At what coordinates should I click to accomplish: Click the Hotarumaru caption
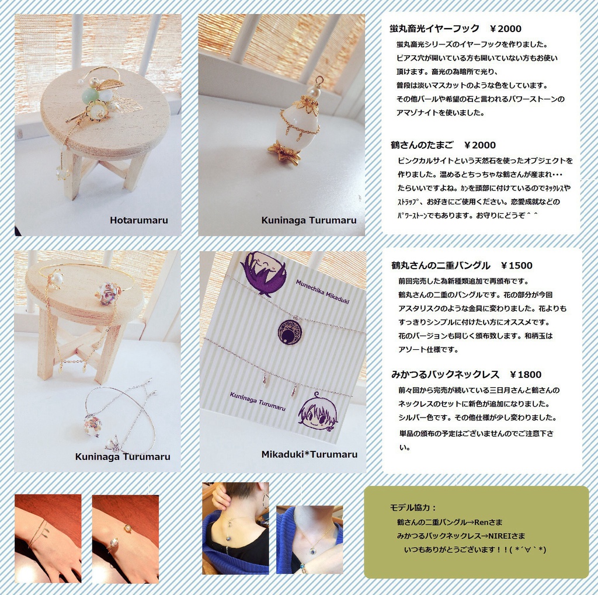click(139, 220)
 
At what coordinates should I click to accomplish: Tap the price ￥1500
click(517, 266)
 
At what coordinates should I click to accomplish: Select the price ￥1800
click(526, 374)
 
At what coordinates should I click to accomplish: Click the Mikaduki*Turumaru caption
click(310, 454)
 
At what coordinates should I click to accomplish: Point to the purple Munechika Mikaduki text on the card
click(322, 292)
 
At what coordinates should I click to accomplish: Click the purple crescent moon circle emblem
click(291, 332)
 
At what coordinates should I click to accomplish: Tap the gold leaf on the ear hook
click(110, 85)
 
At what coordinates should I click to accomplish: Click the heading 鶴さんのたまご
click(422, 145)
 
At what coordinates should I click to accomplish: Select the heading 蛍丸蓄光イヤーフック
click(434, 29)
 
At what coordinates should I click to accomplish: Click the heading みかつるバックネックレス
click(445, 374)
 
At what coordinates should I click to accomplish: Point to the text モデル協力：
click(413, 507)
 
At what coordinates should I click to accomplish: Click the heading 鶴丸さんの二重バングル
click(441, 266)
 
